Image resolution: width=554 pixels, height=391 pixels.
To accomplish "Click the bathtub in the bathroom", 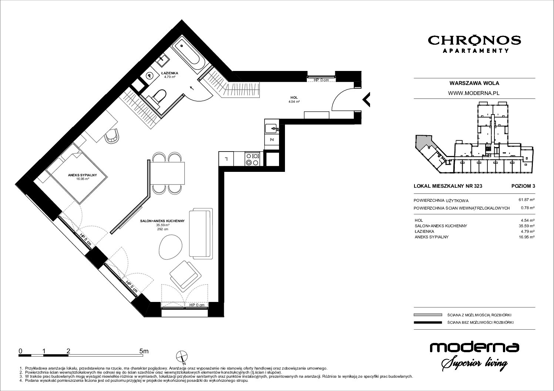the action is click(188, 55).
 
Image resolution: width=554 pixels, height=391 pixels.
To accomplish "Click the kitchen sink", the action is click(272, 129).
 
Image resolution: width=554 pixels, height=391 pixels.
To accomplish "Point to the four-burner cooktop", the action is click(252, 159).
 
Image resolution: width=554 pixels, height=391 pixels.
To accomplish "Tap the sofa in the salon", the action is click(201, 234).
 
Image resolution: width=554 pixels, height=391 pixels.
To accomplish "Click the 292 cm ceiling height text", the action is click(162, 229).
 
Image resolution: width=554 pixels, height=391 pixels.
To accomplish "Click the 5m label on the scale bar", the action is click(144, 351).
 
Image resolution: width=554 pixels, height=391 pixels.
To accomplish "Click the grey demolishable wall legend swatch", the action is click(428, 315).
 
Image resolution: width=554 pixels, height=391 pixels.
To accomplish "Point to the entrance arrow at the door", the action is click(366, 99).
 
